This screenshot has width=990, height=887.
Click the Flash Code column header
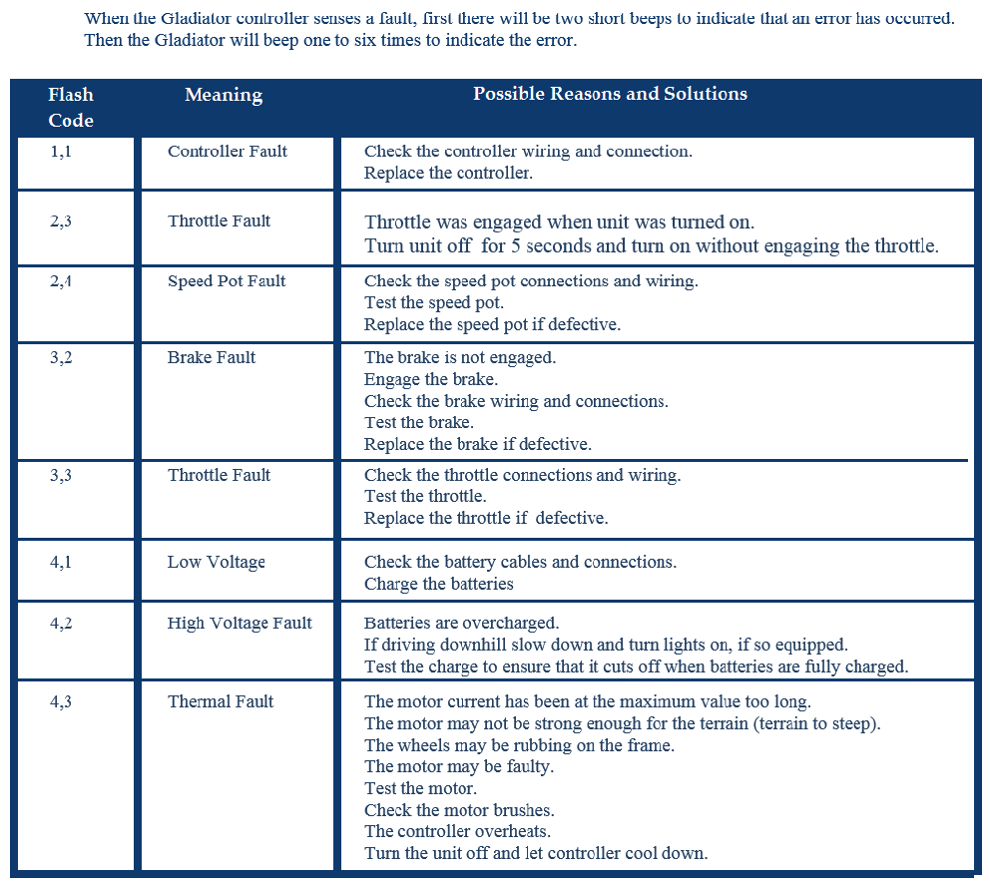point(71,108)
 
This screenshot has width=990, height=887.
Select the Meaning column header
point(224,96)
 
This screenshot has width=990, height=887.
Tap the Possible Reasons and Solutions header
point(610,94)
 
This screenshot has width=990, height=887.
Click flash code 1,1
point(61,152)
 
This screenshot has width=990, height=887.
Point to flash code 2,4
point(61,281)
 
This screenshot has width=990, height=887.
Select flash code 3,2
point(61,357)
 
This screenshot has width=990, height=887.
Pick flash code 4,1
point(61,562)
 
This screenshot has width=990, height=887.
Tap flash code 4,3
point(61,701)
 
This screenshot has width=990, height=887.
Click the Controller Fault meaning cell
point(228,152)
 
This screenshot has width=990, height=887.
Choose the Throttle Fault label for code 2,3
point(219,222)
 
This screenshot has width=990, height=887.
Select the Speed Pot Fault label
point(227,281)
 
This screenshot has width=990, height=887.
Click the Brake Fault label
point(212,357)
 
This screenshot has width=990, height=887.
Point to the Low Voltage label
point(217,562)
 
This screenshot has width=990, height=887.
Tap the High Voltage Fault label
point(240,624)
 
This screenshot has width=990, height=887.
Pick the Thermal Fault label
point(221,701)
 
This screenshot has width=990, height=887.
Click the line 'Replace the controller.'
point(448,173)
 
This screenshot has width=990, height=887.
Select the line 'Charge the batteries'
point(439,584)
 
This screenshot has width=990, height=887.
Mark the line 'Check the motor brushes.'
point(459,810)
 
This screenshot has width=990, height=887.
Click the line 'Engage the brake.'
point(431,379)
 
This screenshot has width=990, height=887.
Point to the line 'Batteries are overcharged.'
point(461,624)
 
